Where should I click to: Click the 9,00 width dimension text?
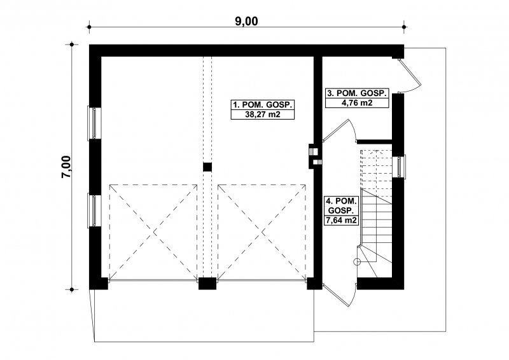point(246,21)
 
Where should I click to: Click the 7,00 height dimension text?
point(66,167)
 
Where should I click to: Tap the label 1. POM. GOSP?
point(263,105)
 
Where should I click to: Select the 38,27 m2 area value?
point(263,114)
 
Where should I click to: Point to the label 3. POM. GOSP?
point(357,93)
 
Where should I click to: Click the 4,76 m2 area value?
point(357,103)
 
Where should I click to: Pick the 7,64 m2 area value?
point(341,221)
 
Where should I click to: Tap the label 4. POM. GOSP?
point(341,205)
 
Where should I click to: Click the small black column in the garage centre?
point(207,167)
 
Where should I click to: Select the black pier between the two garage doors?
point(207,284)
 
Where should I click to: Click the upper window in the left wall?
point(94,123)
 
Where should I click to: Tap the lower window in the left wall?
point(94,211)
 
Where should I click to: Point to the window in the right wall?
point(399,167)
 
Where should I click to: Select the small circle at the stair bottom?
point(357,261)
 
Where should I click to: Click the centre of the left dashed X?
point(153,232)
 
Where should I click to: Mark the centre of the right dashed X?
point(262,232)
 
